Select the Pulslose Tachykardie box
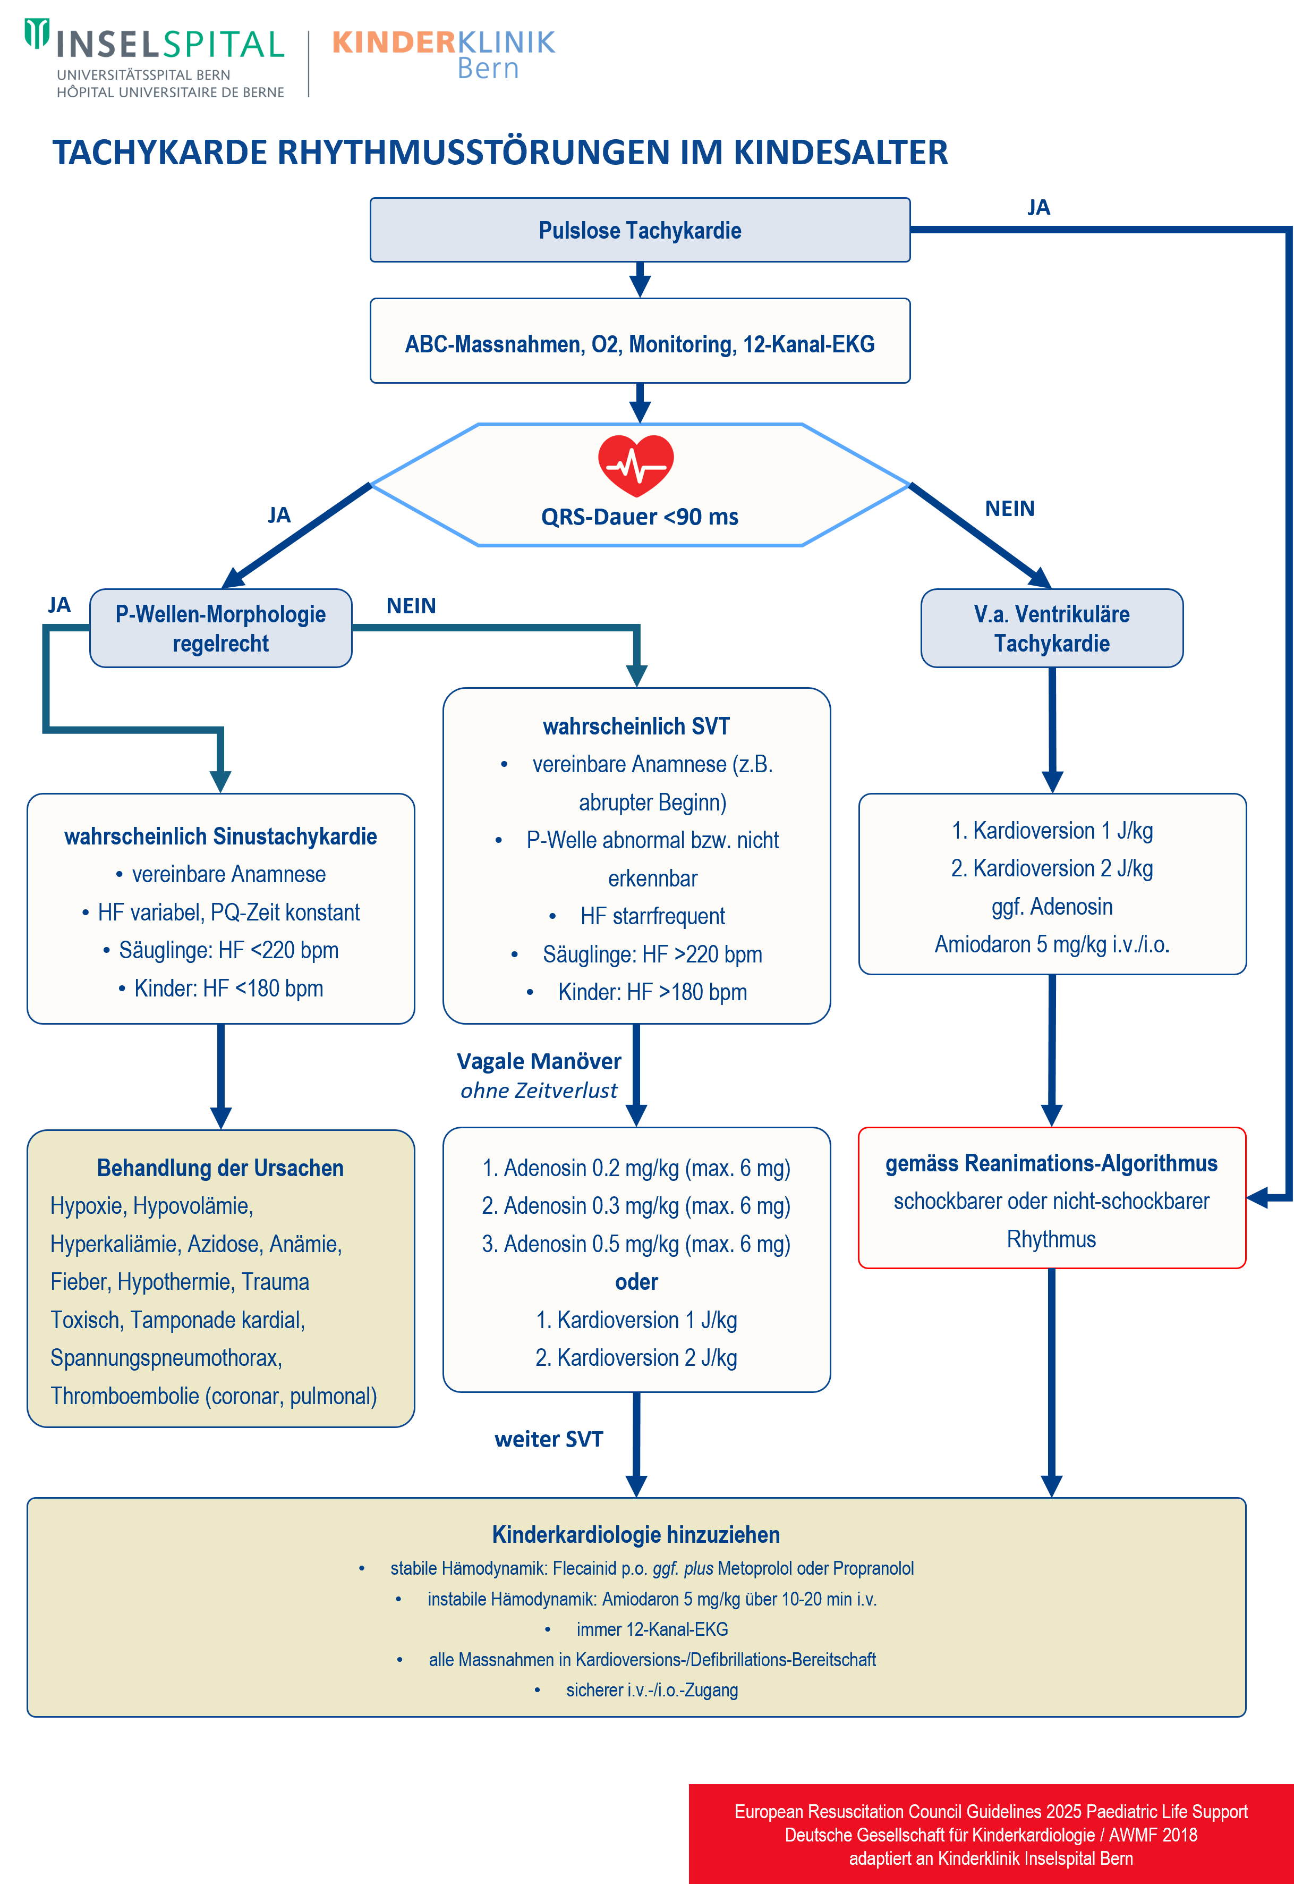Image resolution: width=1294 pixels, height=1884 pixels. (640, 230)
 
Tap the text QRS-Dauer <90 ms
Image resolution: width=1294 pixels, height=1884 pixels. (640, 517)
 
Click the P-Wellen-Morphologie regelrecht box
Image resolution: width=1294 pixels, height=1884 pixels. (220, 629)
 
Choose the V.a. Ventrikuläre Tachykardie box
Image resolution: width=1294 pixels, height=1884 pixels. (1052, 629)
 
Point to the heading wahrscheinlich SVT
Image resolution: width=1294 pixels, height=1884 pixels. (636, 726)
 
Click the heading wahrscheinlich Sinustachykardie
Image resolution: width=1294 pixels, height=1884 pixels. (220, 836)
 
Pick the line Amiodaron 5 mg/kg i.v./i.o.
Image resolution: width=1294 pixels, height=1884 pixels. (1052, 944)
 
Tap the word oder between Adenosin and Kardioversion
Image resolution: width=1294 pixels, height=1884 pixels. (636, 1281)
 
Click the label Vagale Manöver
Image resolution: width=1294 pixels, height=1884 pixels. (539, 1061)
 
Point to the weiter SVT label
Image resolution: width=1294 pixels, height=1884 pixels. (549, 1439)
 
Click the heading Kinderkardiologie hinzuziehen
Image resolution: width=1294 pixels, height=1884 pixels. (636, 1534)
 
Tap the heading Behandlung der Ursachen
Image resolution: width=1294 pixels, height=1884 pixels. (220, 1168)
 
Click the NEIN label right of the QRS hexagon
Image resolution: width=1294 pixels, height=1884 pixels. (1009, 509)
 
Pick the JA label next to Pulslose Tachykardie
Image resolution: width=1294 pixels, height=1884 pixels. (1038, 208)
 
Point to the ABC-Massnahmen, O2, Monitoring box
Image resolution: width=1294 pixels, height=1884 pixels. (640, 344)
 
